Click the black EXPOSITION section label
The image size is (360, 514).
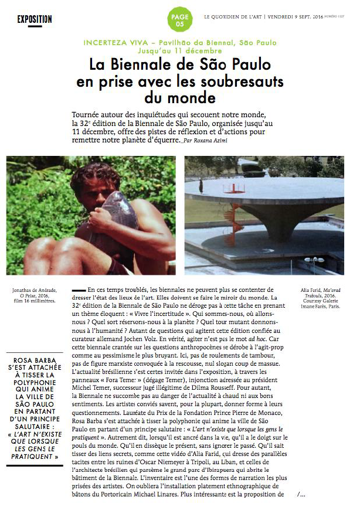35,19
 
